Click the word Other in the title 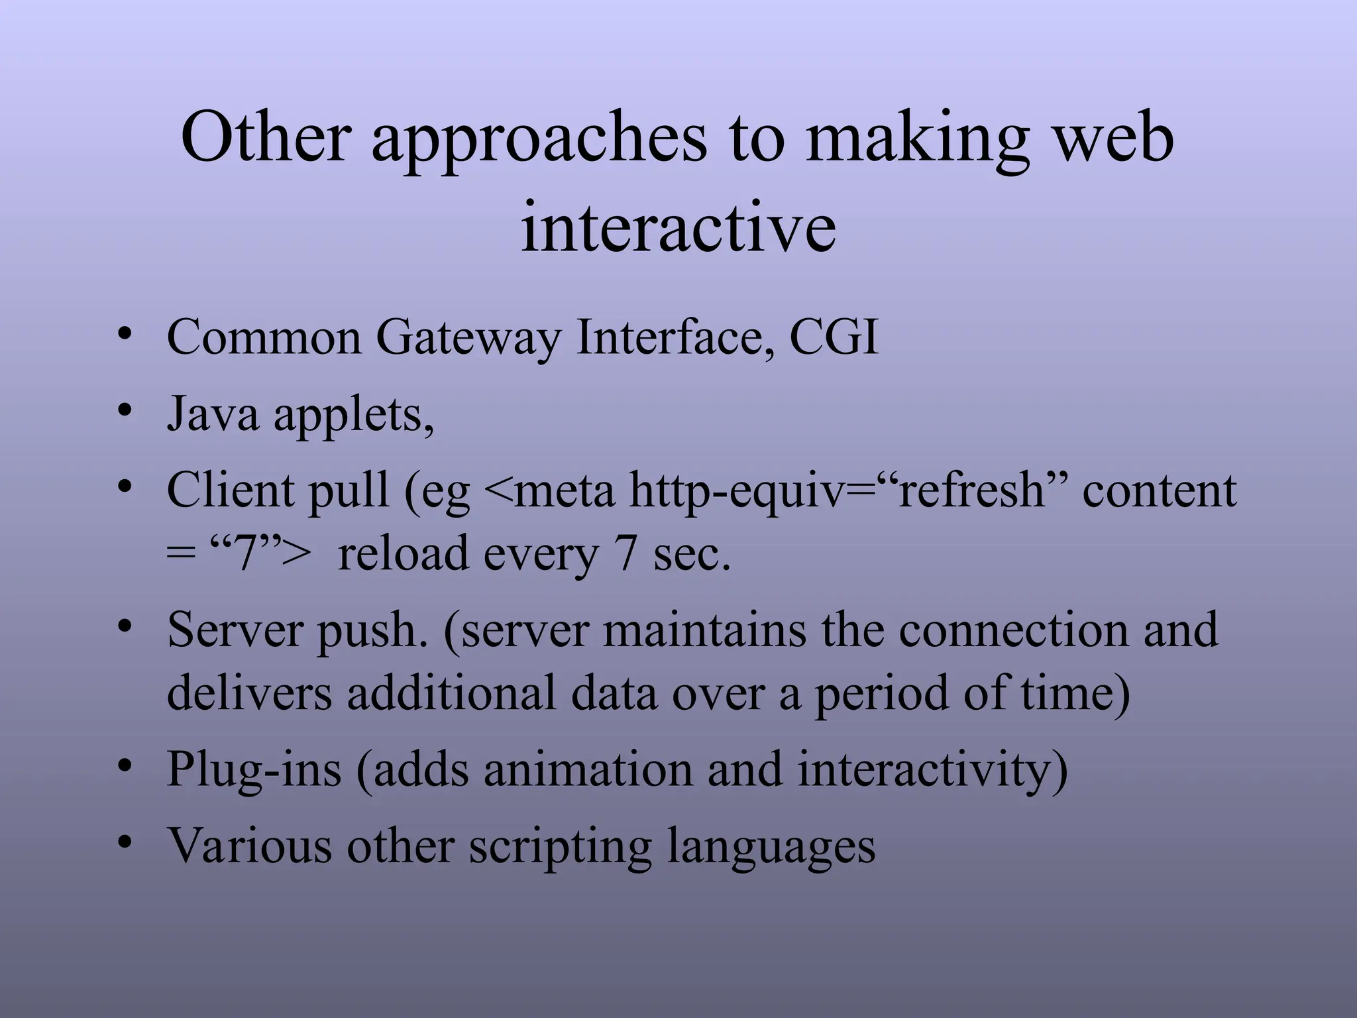click(265, 137)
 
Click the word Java click(213, 414)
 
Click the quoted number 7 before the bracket click(246, 553)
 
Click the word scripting click(561, 847)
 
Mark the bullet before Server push click(124, 626)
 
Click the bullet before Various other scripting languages click(124, 842)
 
